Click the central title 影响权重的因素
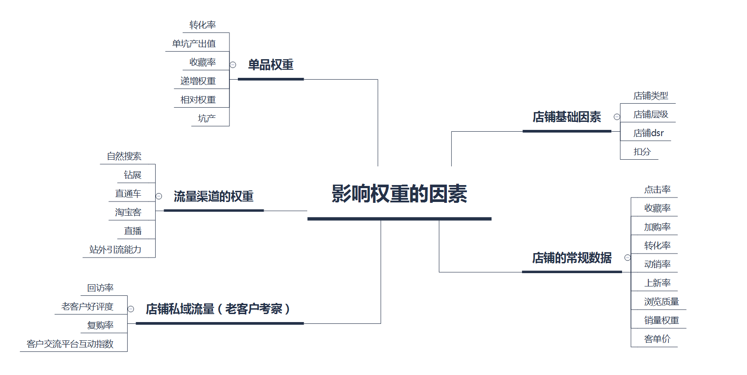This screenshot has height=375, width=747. [x=399, y=194]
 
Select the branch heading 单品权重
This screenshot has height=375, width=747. [x=270, y=65]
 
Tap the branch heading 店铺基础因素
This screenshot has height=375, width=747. [x=566, y=117]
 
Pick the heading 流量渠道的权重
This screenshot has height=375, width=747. [x=213, y=196]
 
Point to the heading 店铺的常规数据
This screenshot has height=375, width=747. [x=572, y=258]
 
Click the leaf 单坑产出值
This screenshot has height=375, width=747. [x=194, y=44]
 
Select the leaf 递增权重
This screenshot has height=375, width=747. [x=198, y=81]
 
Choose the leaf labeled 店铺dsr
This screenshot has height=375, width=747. [x=648, y=133]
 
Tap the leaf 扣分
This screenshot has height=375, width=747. [x=642, y=152]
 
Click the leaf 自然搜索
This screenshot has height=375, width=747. [x=124, y=156]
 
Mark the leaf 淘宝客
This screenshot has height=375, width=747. [x=128, y=212]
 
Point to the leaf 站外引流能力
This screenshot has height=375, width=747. [x=115, y=250]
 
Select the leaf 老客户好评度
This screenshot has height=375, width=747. [x=87, y=306]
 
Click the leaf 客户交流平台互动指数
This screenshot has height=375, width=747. [x=70, y=344]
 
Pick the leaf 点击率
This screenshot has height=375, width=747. [x=657, y=190]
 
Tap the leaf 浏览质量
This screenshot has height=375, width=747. [x=661, y=302]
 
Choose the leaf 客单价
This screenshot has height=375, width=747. [x=657, y=339]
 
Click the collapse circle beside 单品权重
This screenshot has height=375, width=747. [x=233, y=65]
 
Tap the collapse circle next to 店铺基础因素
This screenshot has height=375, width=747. [x=617, y=117]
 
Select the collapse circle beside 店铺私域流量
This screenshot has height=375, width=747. [x=131, y=309]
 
